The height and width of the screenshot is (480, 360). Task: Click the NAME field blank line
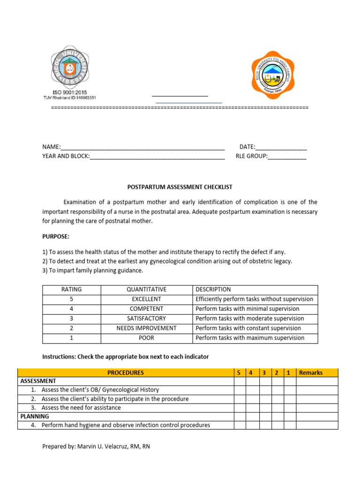click(143, 148)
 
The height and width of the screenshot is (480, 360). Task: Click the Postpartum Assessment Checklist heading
click(180, 187)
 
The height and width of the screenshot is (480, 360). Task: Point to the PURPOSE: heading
click(56, 237)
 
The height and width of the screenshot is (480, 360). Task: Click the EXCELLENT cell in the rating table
click(146, 299)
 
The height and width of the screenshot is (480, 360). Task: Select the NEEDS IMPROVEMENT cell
click(146, 328)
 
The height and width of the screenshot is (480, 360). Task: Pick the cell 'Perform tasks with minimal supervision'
click(247, 309)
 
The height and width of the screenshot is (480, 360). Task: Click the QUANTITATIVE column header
click(146, 290)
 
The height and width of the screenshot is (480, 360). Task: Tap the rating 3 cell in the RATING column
click(71, 319)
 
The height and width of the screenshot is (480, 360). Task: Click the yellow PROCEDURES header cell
click(126, 373)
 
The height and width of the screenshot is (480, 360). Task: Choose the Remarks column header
click(311, 373)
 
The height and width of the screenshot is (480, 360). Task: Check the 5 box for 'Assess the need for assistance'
click(240, 408)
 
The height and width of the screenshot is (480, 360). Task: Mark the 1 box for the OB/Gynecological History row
click(290, 390)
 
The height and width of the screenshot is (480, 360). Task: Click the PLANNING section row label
click(35, 416)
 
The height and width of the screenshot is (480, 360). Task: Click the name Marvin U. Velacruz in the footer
click(103, 447)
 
